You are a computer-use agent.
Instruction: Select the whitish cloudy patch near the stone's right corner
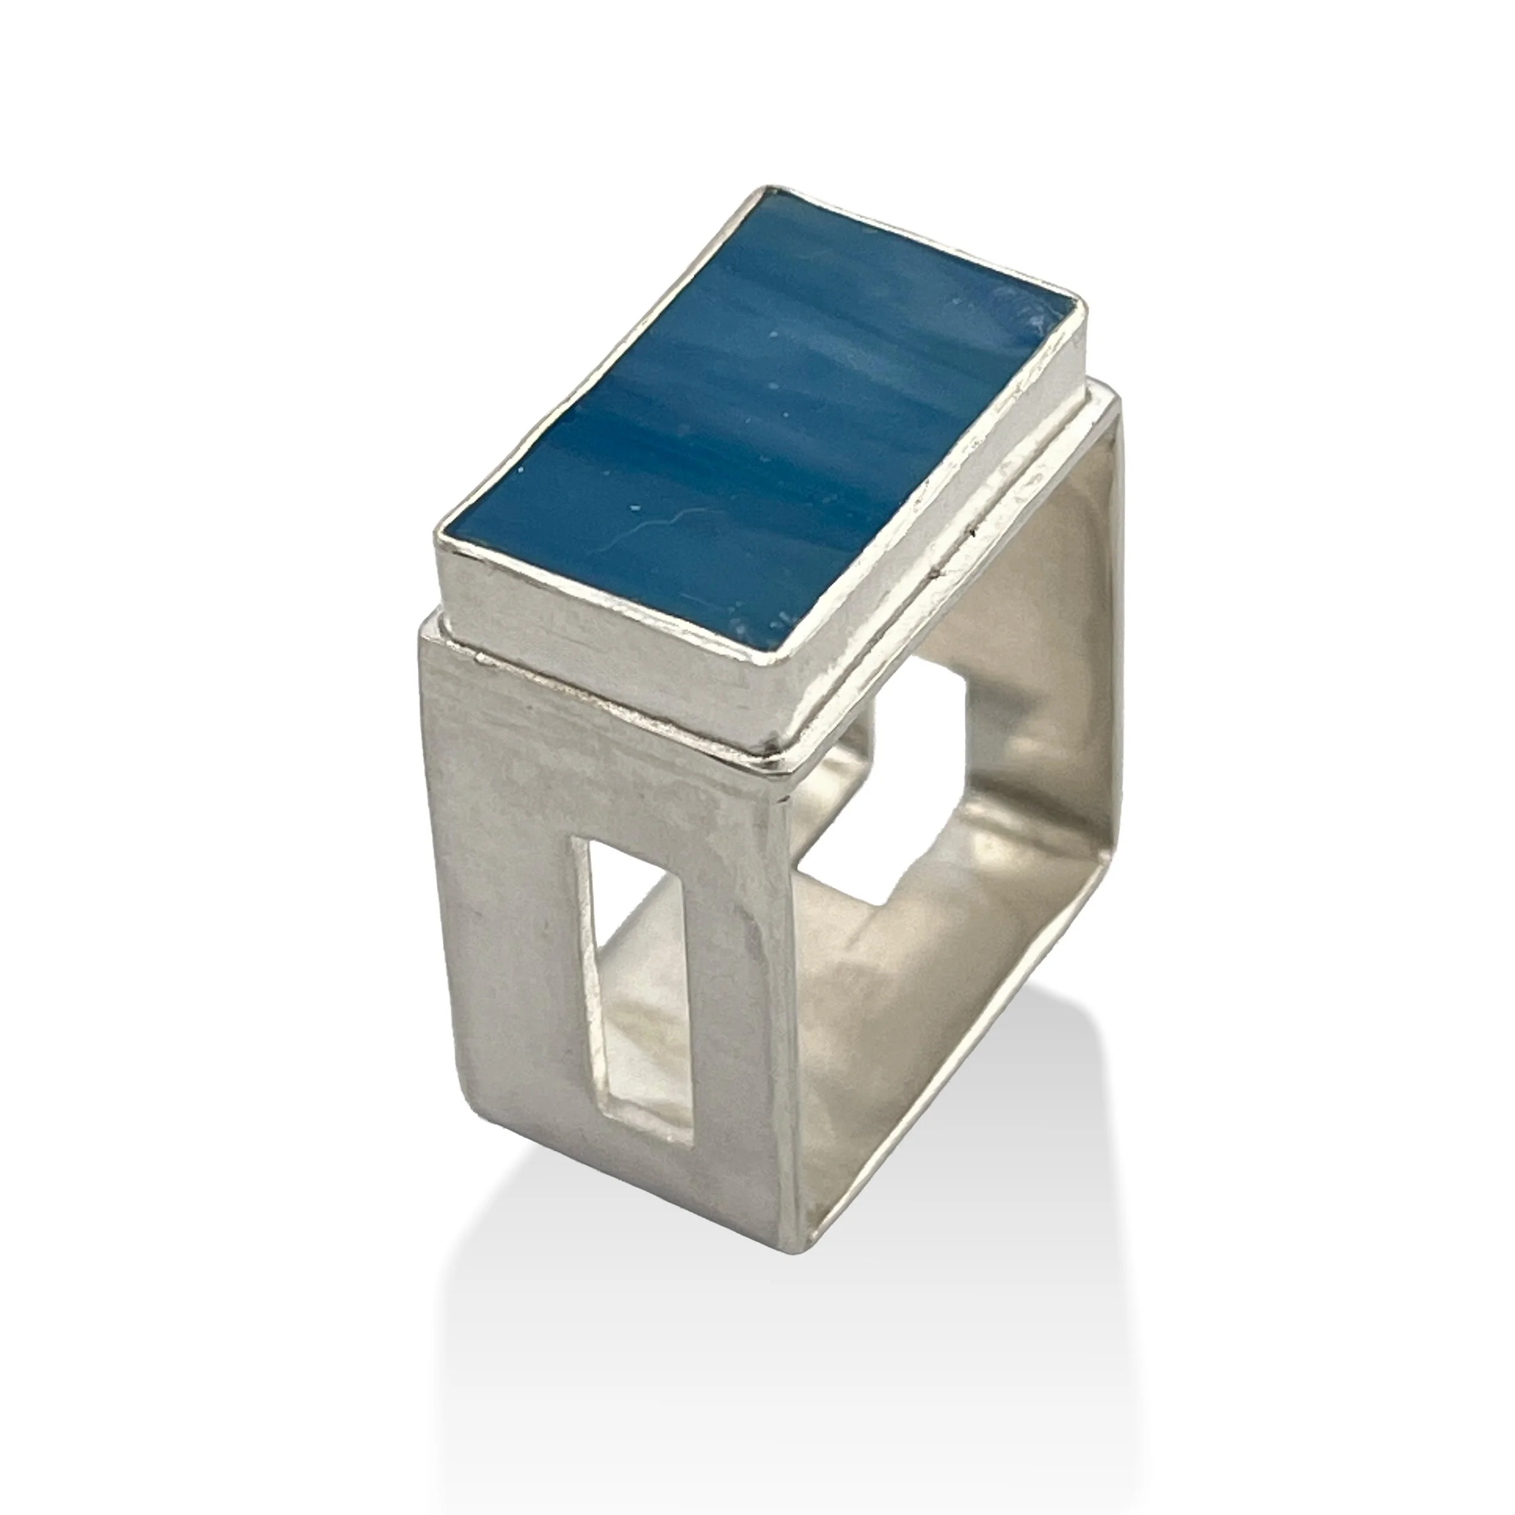click(x=1019, y=314)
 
